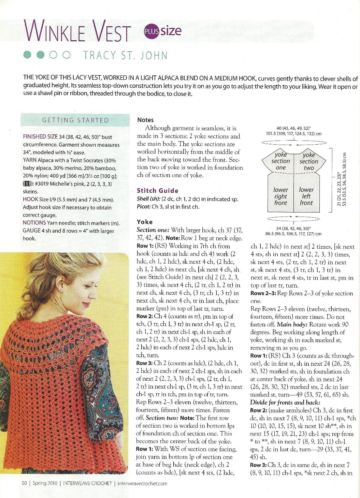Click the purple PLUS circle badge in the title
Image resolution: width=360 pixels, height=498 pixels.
point(152,31)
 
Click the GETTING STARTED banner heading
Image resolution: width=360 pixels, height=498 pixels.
point(75,120)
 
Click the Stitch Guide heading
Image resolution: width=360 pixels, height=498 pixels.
point(157,191)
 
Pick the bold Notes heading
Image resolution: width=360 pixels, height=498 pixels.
point(145,120)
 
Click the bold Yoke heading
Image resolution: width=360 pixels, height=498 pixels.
point(144,222)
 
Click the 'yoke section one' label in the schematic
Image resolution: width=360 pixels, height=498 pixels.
point(280,161)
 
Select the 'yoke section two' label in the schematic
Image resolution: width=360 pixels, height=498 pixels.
point(308,161)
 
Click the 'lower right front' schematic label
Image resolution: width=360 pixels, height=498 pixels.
point(281,196)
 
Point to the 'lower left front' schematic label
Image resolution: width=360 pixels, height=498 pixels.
point(306,196)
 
